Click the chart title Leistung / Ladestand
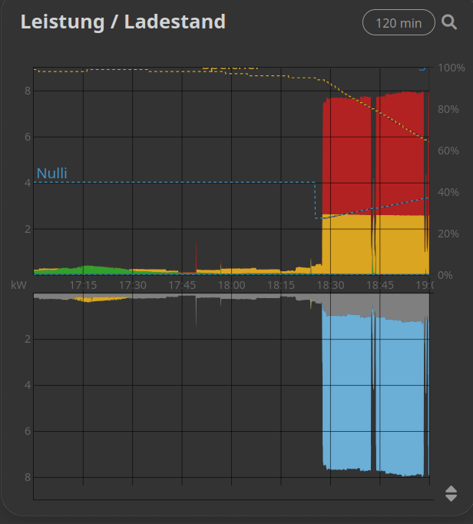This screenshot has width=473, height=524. pos(123,22)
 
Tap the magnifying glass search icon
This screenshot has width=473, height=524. pos(450,22)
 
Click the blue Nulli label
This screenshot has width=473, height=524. pos(52,174)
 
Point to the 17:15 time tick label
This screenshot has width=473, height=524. pos(83,285)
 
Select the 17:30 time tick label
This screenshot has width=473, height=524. pos(132,285)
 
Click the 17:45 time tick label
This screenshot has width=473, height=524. pos(182,285)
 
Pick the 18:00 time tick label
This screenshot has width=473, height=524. pos(231,285)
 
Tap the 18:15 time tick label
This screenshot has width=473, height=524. pos(280,285)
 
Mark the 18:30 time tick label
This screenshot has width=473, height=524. pos(330,285)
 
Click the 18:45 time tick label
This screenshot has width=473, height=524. pos(379,285)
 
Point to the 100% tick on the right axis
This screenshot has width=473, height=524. pos(451,68)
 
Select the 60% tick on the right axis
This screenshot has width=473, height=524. pos(449,151)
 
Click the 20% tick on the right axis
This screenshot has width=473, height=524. pos(449,234)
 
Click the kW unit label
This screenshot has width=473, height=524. pos(19,285)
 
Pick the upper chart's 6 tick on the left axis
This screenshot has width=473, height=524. pos(27,137)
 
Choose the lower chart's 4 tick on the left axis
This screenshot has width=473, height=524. pos(27,385)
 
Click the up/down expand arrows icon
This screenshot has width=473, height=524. pos(451,493)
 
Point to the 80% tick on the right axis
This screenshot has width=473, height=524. pos(449,109)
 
